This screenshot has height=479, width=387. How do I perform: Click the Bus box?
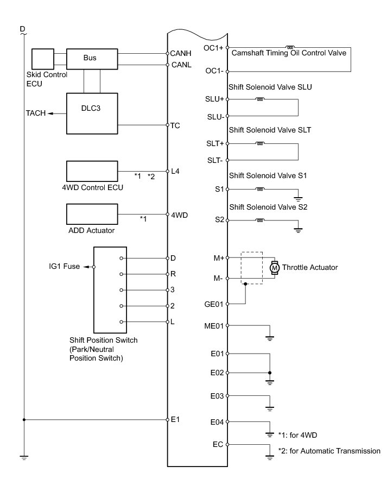pyautogui.click(x=91, y=58)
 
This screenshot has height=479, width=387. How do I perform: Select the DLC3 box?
pyautogui.click(x=91, y=112)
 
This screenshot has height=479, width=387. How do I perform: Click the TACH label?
pyautogui.click(x=35, y=113)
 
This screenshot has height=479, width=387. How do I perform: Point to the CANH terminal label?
pyautogui.click(x=179, y=54)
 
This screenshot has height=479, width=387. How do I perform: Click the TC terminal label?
pyautogui.click(x=175, y=125)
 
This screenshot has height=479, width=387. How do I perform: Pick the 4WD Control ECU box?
pyautogui.click(x=91, y=172)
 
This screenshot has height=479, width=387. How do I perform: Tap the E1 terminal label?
pyautogui.click(x=175, y=419)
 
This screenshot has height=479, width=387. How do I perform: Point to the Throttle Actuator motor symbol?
pyautogui.click(x=274, y=268)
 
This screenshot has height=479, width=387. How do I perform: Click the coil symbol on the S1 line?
pyautogui.click(x=261, y=190)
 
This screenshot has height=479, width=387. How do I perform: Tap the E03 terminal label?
pyautogui.click(x=217, y=396)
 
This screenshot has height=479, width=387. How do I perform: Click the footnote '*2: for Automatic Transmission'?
pyautogui.click(x=329, y=451)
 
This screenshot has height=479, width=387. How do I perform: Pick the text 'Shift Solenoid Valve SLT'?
pyautogui.click(x=270, y=130)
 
